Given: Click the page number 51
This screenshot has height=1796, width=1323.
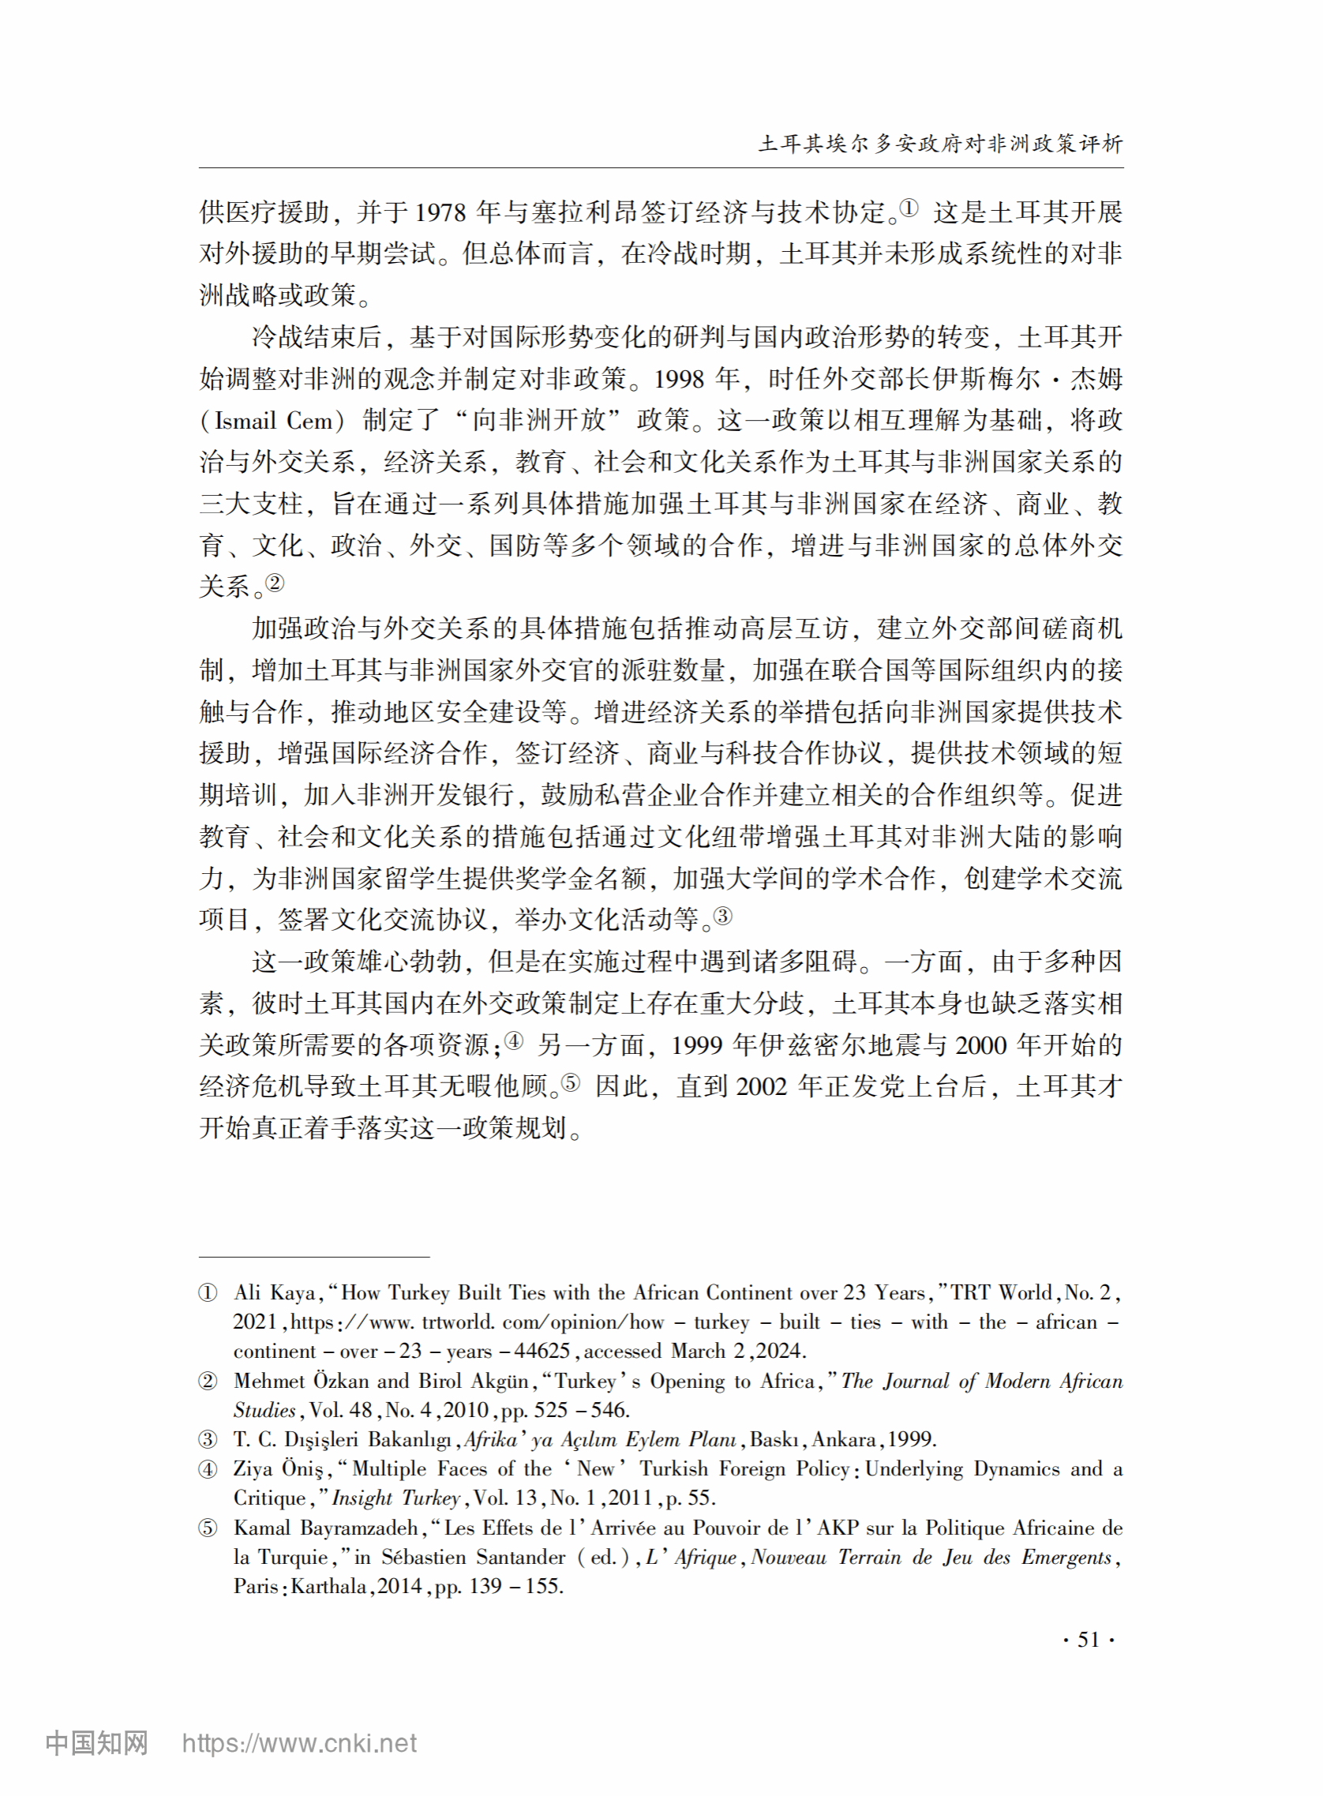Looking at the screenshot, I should (1089, 1640).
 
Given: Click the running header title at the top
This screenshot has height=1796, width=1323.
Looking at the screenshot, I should (940, 144).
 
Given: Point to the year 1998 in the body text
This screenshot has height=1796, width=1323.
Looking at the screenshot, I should (678, 380).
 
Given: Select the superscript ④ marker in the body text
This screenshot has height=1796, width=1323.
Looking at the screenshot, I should (513, 1041).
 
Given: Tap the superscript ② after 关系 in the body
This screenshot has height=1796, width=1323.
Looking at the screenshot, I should (275, 583).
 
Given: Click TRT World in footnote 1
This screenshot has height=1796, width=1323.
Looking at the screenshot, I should (1001, 1293).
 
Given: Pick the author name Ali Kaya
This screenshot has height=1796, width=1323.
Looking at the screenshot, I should (275, 1293).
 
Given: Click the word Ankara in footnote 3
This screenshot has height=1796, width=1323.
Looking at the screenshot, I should (845, 1440).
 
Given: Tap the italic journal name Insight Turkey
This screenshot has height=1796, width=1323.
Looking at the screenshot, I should (396, 1498).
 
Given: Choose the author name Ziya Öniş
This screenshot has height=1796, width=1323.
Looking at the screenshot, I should (279, 1469).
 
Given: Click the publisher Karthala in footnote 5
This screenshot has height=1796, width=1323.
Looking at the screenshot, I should (328, 1586).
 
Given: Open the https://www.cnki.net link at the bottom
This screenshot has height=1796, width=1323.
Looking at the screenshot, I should (298, 1743).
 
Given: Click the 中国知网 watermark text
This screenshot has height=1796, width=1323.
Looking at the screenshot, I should (97, 1743).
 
